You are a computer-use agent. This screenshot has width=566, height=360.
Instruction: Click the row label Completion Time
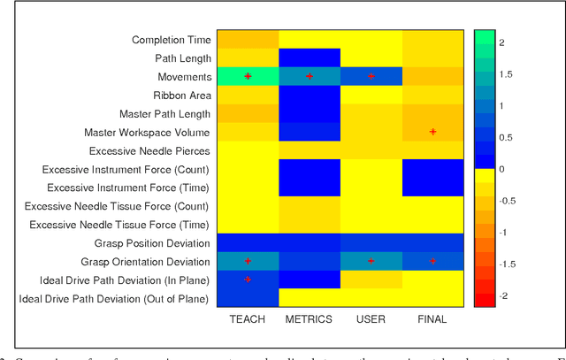pos(172,40)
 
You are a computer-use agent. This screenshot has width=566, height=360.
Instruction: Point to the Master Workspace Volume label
pos(148,133)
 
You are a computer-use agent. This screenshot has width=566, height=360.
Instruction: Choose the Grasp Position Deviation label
pos(153,243)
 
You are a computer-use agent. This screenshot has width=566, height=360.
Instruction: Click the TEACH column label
pos(248,319)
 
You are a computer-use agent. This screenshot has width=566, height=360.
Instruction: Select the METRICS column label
pos(310,319)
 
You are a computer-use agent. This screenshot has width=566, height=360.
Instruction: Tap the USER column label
pos(371,319)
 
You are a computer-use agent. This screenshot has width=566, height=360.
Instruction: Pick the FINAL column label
pos(432,319)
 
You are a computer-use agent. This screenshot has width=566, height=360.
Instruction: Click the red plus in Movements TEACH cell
pos(248,76)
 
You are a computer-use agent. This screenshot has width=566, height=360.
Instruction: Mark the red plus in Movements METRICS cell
pos(310,77)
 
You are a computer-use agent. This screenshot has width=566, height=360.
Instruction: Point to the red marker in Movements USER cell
pos(371,77)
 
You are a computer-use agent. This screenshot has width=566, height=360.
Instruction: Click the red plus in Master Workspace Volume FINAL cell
pos(432,132)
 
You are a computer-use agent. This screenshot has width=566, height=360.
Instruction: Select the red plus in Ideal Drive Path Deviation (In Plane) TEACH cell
pos(248,280)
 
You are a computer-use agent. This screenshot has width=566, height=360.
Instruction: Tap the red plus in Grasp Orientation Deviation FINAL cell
pos(432,261)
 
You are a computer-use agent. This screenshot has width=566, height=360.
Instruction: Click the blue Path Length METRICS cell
pos(310,58)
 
